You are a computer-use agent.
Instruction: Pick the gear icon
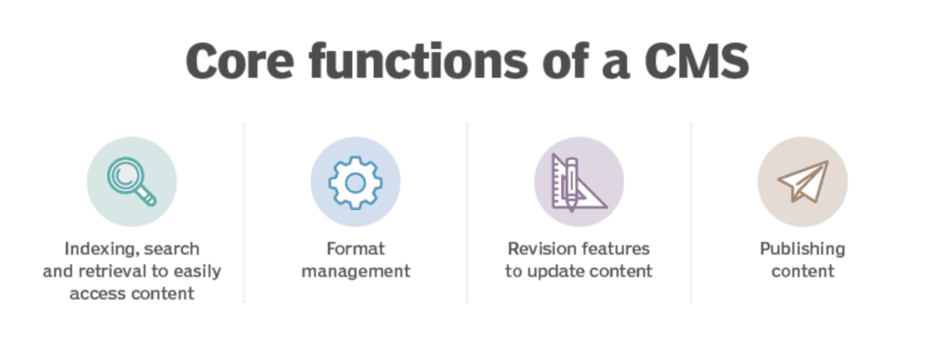(355, 181)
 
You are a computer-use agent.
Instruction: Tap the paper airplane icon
(802, 181)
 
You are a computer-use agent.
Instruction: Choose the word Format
(355, 249)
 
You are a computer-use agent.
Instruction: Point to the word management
(355, 271)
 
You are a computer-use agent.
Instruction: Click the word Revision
(539, 249)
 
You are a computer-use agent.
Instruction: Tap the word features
(612, 249)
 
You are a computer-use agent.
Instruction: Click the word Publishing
(802, 249)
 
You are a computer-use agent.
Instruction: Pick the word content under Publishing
(802, 271)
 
